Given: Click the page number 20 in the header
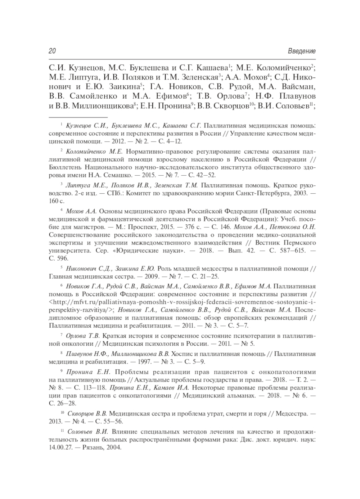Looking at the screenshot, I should [x=52, y=51].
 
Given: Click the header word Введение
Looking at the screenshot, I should [x=302, y=51].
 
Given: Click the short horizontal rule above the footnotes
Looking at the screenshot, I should [x=78, y=117].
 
